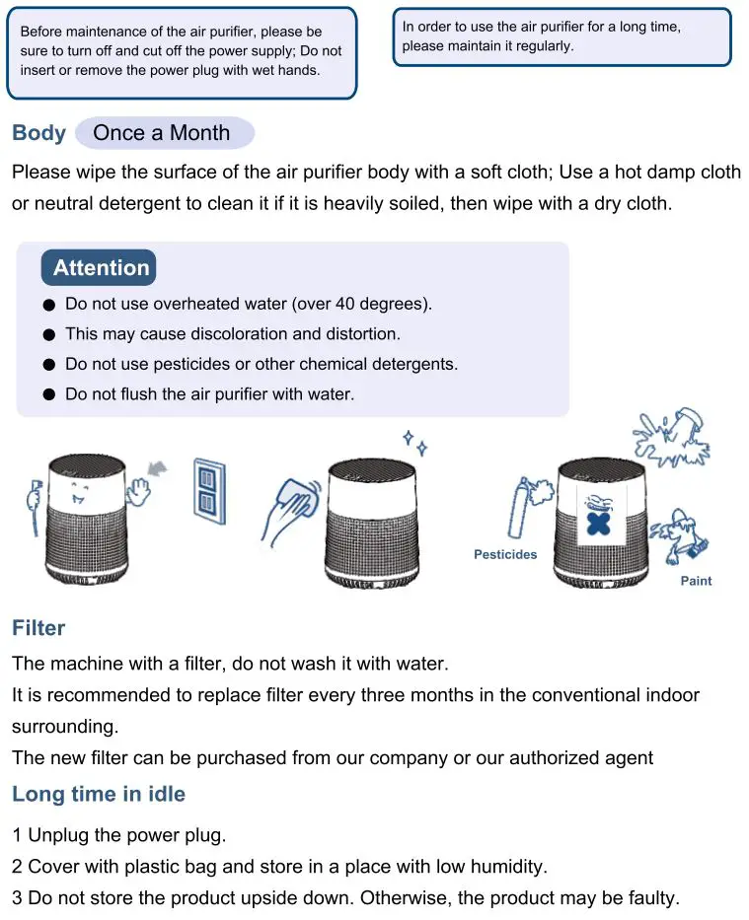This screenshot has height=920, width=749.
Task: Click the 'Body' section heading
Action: coord(38,133)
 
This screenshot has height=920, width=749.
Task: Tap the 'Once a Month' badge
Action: coord(162,133)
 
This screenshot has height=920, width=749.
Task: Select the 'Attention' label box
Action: coord(100,268)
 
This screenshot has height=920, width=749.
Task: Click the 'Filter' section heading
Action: coord(38,628)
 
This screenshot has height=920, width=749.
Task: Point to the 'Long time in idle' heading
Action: coord(99,794)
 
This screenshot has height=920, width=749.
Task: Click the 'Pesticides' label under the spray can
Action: coord(505,555)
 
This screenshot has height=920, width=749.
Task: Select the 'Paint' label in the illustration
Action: coord(696,581)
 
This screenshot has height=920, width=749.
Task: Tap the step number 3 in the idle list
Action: coord(17,898)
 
